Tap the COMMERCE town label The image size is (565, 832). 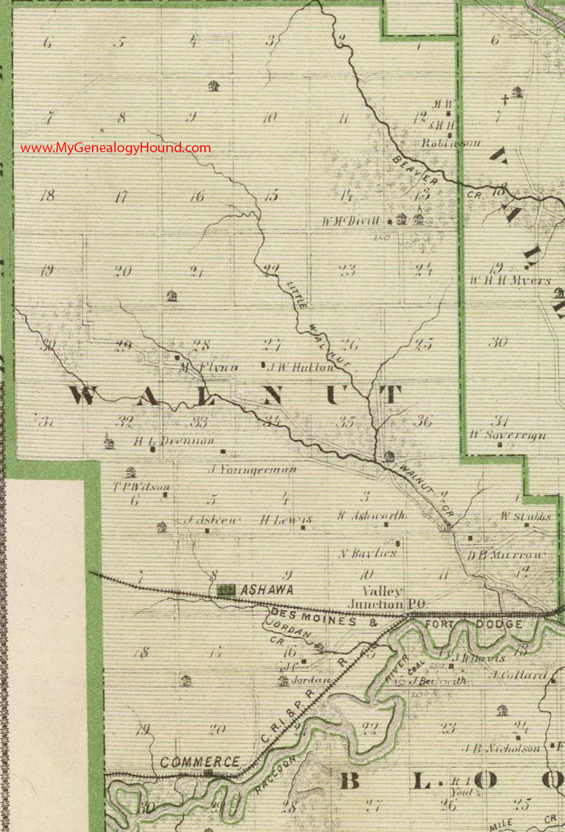(200, 761)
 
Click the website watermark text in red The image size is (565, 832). (115, 148)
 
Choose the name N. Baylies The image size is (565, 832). (367, 553)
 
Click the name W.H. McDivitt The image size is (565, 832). (357, 219)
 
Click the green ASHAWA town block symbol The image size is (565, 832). (225, 589)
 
